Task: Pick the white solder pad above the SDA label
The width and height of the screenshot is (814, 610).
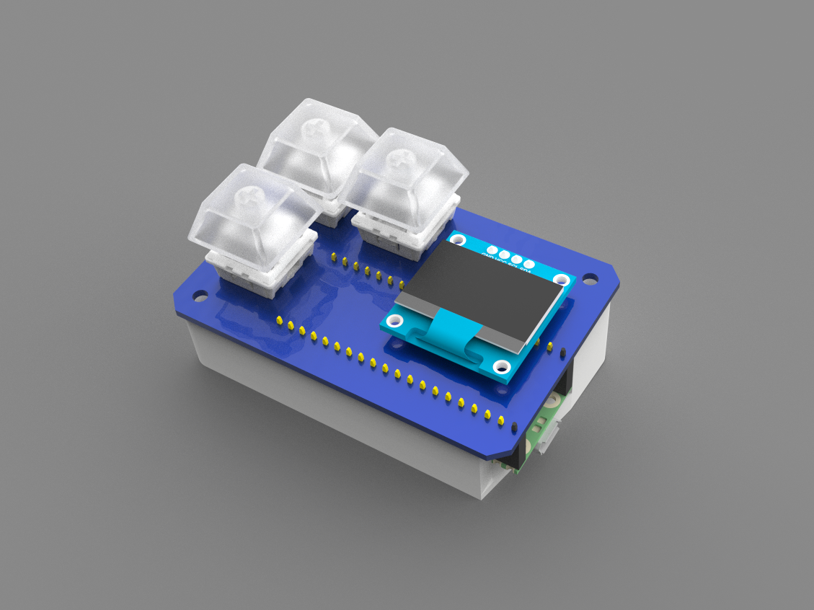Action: point(528,265)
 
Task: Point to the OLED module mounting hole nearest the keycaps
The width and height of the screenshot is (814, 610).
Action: point(457,237)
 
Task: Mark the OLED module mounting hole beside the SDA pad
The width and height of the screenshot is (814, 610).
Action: point(561,279)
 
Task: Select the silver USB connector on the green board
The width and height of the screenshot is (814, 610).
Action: point(547,441)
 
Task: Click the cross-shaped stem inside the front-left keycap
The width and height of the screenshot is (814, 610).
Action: point(249,194)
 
